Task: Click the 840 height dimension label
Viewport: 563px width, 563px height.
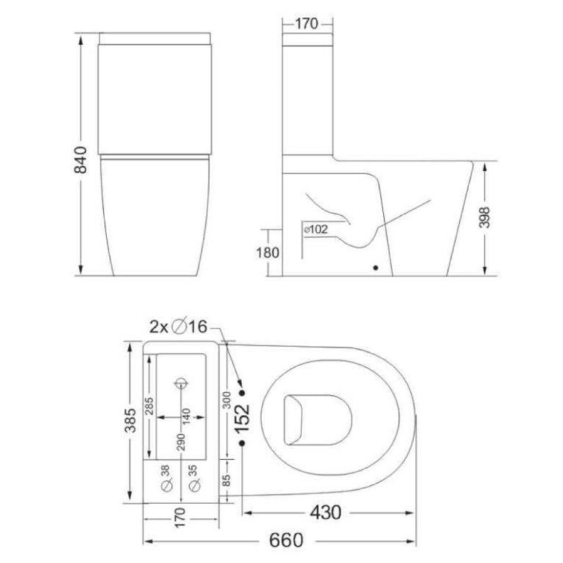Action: pos(81,160)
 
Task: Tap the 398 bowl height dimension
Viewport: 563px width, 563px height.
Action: pos(484,217)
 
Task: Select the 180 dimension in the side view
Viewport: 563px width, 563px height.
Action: pos(268,253)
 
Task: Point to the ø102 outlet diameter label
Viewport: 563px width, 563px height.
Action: pos(316,229)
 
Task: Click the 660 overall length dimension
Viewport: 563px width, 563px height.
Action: pos(286,540)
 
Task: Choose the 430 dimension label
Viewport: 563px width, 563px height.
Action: pos(325,512)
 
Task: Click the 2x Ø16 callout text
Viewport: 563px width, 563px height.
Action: pos(178,327)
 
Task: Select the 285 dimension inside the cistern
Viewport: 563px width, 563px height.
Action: pos(150,406)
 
